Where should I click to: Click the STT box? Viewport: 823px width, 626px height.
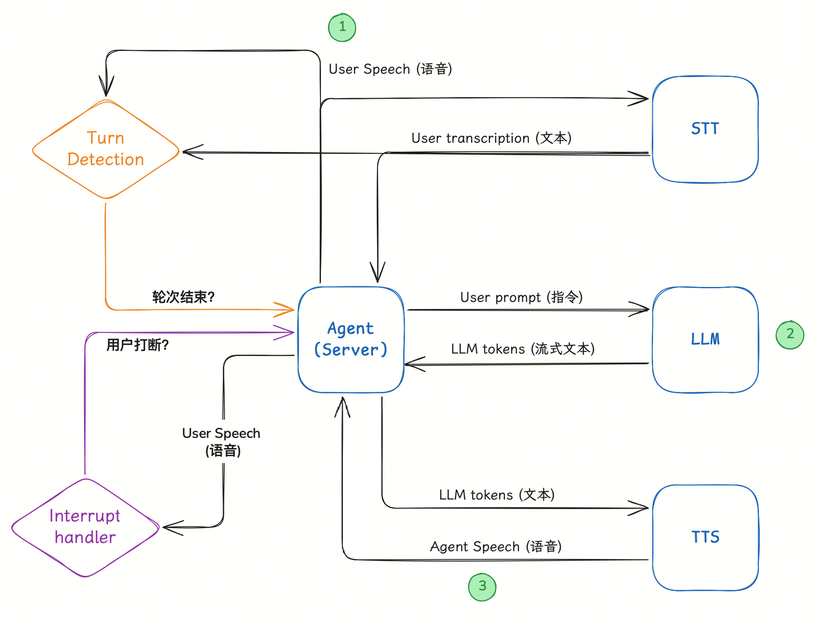tap(705, 129)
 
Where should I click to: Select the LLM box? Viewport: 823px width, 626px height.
tap(705, 340)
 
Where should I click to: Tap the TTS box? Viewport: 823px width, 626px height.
tap(705, 537)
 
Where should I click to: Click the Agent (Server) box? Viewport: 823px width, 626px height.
tap(351, 340)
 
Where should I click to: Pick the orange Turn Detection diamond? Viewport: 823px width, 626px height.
tap(106, 149)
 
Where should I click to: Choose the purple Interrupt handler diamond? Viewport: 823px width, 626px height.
tap(85, 527)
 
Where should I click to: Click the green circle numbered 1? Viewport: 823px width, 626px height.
tap(342, 27)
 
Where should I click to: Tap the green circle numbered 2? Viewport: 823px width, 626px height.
tap(790, 335)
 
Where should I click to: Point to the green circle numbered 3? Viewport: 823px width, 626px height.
tap(482, 586)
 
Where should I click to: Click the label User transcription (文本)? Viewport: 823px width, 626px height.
tap(491, 138)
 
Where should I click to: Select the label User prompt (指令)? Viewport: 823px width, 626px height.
tap(521, 297)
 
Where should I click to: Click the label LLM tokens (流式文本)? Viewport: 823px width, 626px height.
tap(522, 349)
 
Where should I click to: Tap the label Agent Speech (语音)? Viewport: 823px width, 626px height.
tap(495, 546)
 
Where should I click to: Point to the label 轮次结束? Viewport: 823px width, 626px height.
tap(183, 297)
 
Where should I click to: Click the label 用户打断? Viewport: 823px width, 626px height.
tap(137, 345)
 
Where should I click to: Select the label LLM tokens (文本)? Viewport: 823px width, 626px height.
tap(497, 495)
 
